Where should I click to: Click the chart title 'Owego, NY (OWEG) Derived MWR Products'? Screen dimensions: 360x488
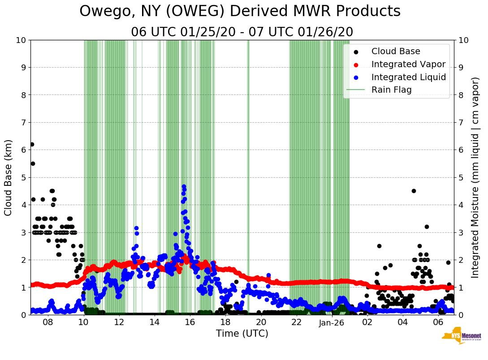coord(240,12)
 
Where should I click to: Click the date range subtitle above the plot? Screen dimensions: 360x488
coord(242,32)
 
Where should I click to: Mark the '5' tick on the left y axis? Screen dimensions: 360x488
coord(23,177)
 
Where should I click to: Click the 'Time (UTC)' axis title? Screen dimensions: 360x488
coord(242,334)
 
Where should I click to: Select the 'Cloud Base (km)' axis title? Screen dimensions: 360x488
coord(9,177)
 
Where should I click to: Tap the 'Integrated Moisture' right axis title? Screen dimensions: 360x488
coord(475,177)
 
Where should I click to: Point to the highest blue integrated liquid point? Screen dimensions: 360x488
coord(184,187)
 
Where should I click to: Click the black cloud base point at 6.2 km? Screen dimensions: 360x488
coord(32,144)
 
